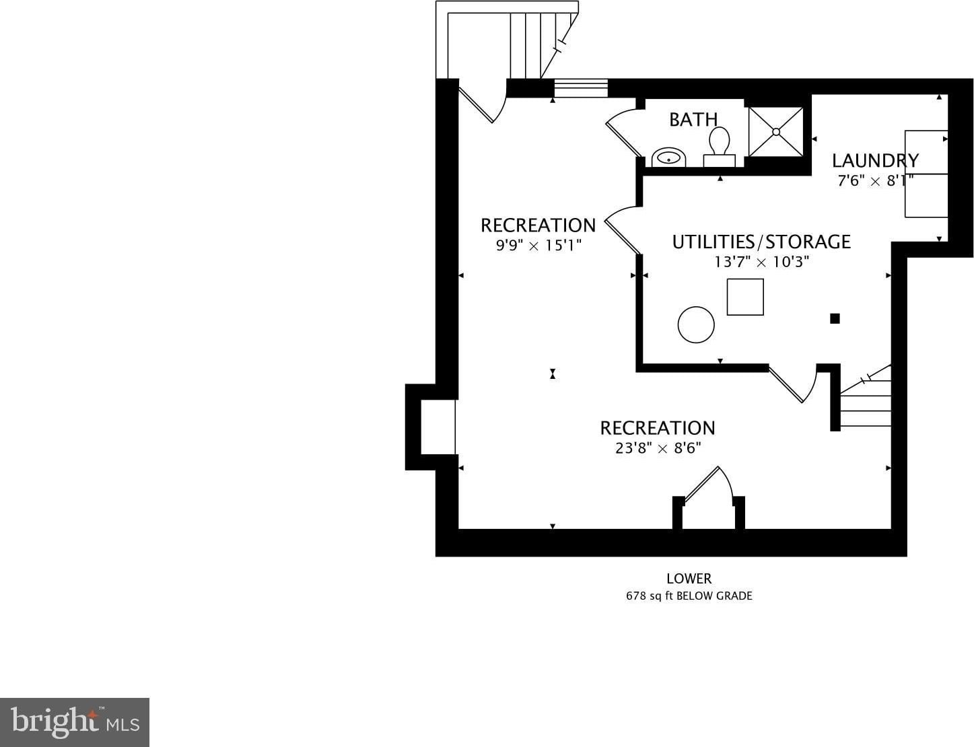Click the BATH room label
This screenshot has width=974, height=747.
[x=693, y=120]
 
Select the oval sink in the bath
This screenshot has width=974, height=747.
[x=669, y=157]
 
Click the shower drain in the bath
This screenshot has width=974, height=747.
[x=776, y=132]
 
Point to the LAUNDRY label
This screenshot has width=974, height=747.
[x=876, y=160]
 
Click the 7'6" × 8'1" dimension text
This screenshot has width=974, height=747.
[x=876, y=181]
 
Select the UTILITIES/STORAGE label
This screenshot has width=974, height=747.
[x=761, y=242]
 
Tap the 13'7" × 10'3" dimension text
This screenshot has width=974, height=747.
[x=761, y=262]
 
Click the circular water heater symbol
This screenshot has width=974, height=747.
[x=696, y=325]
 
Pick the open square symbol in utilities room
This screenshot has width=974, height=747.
[x=745, y=297]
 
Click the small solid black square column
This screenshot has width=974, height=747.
[x=835, y=318]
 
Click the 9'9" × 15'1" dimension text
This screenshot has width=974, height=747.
[x=538, y=246]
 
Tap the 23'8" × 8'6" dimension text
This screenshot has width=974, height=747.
[x=658, y=448]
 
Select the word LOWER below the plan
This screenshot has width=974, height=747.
[x=689, y=579]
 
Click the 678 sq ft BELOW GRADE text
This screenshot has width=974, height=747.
[x=689, y=596]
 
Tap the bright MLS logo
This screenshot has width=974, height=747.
[x=75, y=722]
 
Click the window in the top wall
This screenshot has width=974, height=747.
[x=581, y=88]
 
